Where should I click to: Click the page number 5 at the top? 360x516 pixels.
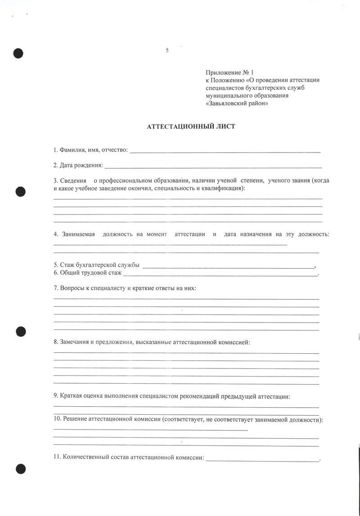pyautogui.click(x=167, y=50)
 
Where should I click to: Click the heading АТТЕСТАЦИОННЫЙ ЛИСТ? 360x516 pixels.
pyautogui.click(x=191, y=127)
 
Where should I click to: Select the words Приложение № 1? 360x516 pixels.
pyautogui.click(x=230, y=72)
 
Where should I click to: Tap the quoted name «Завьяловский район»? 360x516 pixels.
pyautogui.click(x=237, y=103)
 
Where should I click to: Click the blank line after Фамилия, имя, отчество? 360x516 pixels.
pyautogui.click(x=225, y=151)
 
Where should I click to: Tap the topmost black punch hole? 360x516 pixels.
pyautogui.click(x=18, y=53)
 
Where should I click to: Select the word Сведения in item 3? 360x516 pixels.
pyautogui.click(x=73, y=180)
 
